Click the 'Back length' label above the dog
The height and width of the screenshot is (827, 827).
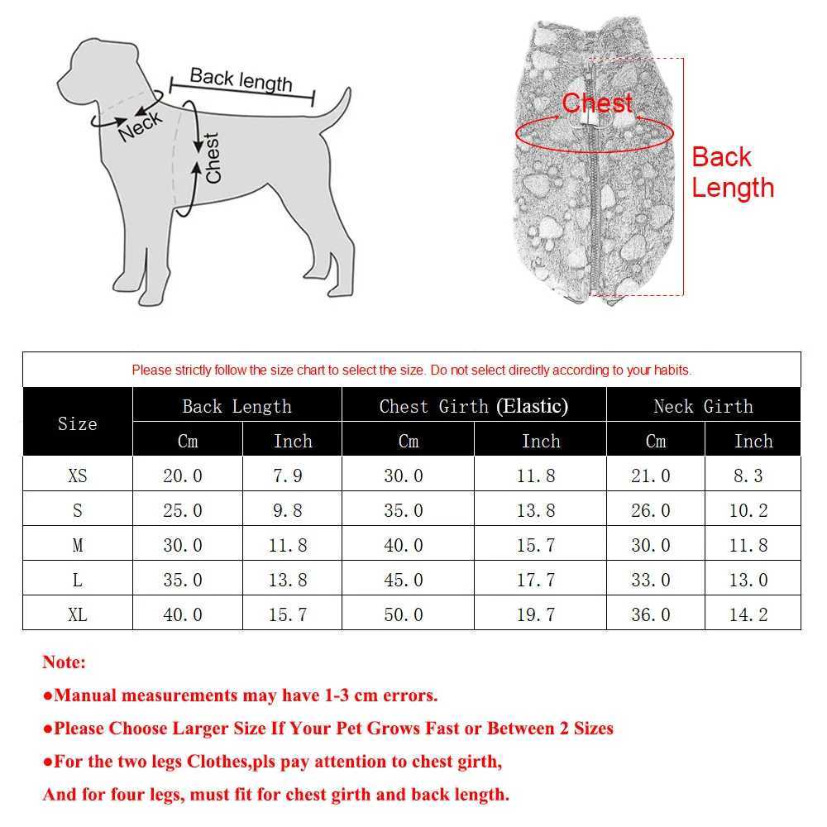pos(241,79)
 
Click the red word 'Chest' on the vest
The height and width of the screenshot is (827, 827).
pos(597,103)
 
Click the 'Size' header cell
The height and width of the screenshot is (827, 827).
pos(77,423)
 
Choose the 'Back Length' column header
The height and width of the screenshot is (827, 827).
pos(237,406)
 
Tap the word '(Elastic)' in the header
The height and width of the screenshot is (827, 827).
pos(532,406)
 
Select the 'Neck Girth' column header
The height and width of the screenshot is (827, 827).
pos(703,406)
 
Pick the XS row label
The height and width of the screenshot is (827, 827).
pos(77,476)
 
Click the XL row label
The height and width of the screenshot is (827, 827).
pos(77,614)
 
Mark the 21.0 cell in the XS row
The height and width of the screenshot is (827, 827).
pos(651,476)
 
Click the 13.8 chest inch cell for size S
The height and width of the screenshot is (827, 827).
pos(536,510)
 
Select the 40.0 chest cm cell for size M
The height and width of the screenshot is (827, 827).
pos(403,545)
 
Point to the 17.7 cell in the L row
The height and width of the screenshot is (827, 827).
pos(536,580)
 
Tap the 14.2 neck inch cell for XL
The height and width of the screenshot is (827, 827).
pos(748,614)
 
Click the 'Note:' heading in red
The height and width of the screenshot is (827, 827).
pos(64,662)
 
